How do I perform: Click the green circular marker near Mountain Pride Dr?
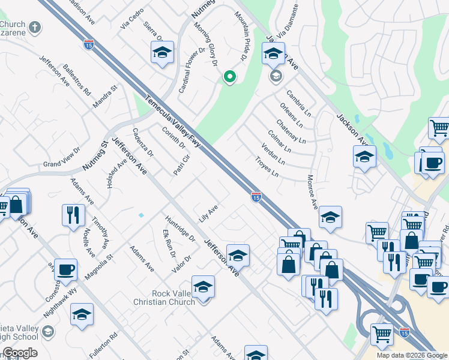[229, 77]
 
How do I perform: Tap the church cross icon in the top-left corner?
[35, 28]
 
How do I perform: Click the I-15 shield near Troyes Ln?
[256, 196]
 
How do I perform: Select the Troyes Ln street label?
[267, 167]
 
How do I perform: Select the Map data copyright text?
[412, 355]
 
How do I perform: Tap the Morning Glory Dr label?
[205, 44]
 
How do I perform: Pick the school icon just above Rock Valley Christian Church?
[203, 287]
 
